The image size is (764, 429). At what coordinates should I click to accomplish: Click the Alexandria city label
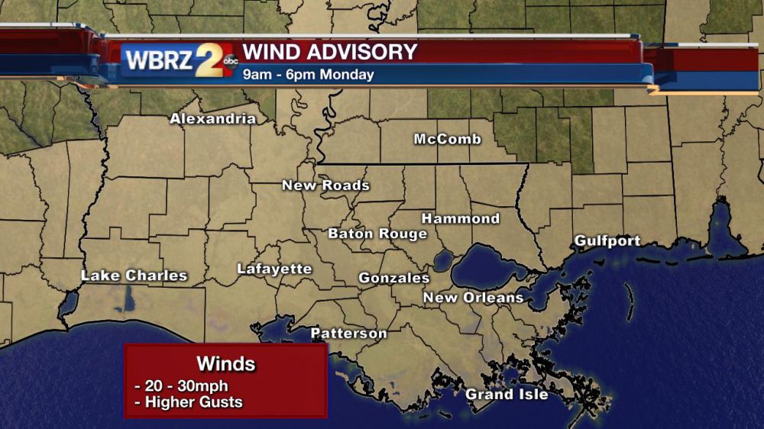pos(212,118)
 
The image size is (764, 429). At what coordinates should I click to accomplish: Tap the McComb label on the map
pos(448,139)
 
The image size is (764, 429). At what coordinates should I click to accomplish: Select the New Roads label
pos(325,185)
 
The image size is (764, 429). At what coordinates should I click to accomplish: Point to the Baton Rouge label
pos(377,234)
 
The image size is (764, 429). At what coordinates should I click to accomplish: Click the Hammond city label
pos(461,218)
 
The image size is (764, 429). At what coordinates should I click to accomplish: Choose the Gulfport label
pos(607,241)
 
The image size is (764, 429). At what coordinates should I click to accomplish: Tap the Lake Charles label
pos(134,276)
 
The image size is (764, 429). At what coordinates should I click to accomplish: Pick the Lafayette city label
pos(274,269)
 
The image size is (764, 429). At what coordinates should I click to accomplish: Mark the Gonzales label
pos(394,278)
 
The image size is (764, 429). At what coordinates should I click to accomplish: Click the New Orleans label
pos(474,297)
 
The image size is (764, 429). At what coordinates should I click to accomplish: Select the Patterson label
pos(348,334)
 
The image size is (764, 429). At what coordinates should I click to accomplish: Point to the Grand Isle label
pos(507,394)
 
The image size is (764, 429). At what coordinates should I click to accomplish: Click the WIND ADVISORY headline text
pos(330,52)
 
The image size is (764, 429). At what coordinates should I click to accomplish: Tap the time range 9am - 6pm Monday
pos(309,75)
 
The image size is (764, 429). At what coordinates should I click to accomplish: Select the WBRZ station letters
pos(159,60)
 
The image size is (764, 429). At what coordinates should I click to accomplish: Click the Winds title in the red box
pos(226,363)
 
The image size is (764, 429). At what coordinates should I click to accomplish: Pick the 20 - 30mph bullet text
pos(180,386)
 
